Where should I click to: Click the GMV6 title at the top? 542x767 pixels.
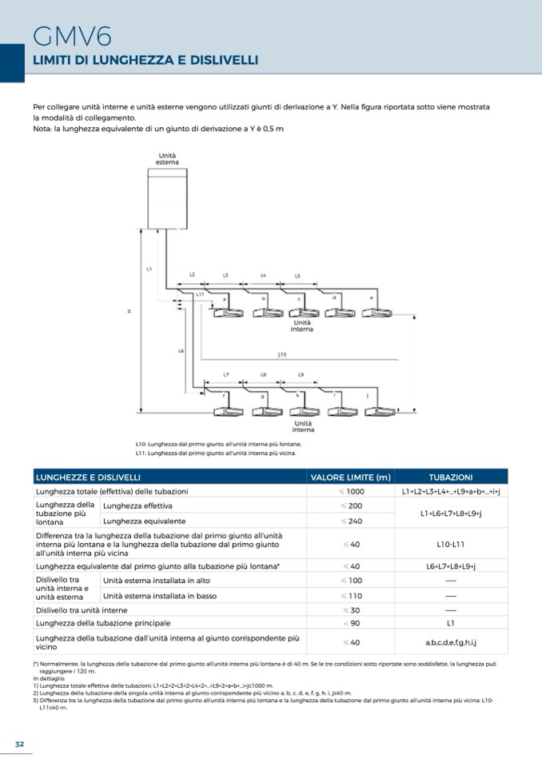[x=72, y=36]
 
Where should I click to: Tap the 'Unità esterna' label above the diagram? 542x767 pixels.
[x=167, y=158]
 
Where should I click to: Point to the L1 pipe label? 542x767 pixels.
[x=149, y=270]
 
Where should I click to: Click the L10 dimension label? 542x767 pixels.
[x=282, y=354]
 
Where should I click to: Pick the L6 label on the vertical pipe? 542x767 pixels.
[x=181, y=350]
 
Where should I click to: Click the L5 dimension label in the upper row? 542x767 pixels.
[x=297, y=276]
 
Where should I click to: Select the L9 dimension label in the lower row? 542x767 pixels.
[x=301, y=374]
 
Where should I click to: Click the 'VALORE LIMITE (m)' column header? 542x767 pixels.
[x=351, y=477]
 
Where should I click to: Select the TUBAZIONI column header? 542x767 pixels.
[x=450, y=477]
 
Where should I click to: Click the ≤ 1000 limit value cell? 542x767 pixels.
[x=351, y=491]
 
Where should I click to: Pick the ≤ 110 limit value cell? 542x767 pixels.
[x=351, y=596]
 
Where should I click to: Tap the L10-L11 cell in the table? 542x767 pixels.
[x=450, y=544]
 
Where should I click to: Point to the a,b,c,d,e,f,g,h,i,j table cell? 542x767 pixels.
[x=450, y=642]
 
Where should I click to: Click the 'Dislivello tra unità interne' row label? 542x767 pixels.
[x=87, y=610]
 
